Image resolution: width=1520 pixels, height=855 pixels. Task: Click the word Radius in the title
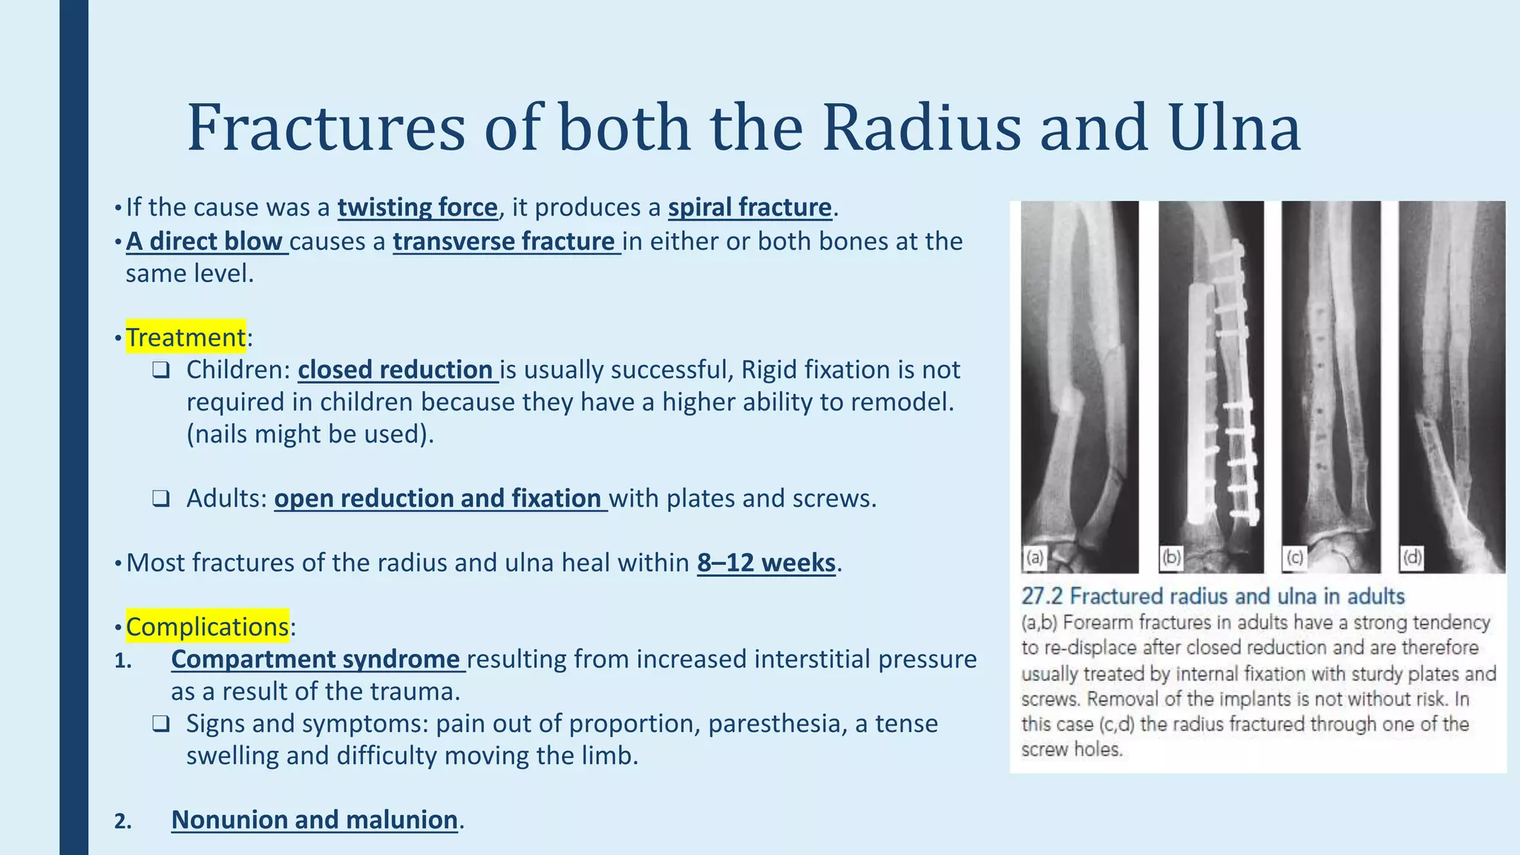(921, 128)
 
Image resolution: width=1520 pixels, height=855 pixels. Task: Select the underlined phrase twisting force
(417, 207)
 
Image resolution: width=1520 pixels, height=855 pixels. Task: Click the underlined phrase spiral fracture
(750, 207)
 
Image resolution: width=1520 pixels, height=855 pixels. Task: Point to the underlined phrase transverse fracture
(506, 242)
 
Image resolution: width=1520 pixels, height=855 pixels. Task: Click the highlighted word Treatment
(186, 338)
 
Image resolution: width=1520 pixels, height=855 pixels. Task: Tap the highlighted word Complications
(207, 627)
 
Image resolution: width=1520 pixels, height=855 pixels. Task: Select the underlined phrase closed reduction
(397, 370)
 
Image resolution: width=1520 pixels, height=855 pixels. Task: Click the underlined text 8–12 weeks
(766, 563)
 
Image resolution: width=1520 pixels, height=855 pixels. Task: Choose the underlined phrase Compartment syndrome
(317, 659)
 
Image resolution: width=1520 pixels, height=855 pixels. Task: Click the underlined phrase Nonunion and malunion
(315, 819)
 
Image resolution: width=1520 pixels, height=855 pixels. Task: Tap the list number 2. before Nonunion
(123, 821)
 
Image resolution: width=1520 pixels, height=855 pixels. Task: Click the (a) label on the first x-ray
(1034, 557)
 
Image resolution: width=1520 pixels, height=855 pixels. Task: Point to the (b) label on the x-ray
(1171, 557)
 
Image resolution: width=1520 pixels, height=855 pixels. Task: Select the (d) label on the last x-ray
(1412, 557)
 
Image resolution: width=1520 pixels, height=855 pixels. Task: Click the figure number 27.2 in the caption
(1042, 597)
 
